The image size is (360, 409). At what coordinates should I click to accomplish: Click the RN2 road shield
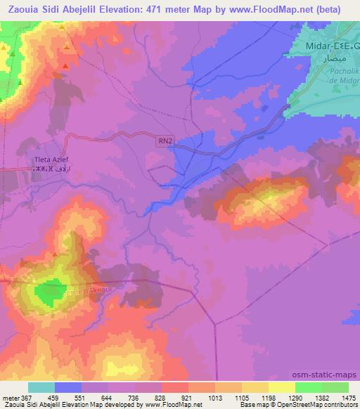[x=165, y=141]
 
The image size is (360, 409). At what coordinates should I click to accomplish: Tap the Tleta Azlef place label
[x=52, y=160]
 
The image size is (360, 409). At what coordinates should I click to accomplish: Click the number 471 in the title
[x=158, y=9]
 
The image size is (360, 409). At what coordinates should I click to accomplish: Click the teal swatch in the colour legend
[x=41, y=387]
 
